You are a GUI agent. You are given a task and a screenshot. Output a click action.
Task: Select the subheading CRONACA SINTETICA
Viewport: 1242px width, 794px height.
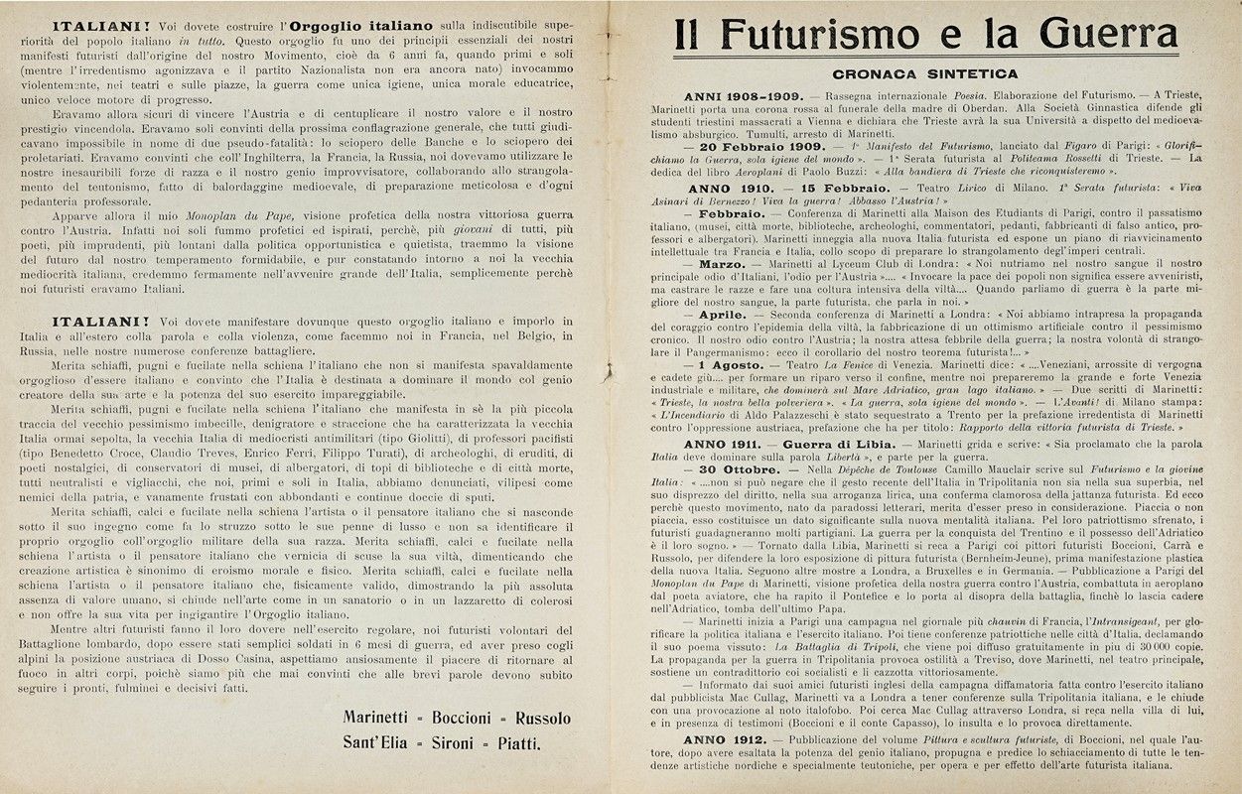click(925, 73)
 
